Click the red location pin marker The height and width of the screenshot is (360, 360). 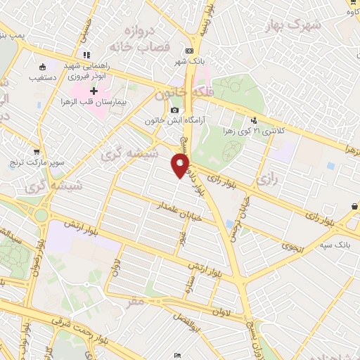(x=180, y=166)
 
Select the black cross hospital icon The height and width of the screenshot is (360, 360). (x=94, y=91)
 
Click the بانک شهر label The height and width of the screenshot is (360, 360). (x=189, y=61)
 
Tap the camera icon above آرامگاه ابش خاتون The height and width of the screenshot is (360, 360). (x=174, y=110)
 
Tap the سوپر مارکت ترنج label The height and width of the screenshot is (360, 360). (x=37, y=162)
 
